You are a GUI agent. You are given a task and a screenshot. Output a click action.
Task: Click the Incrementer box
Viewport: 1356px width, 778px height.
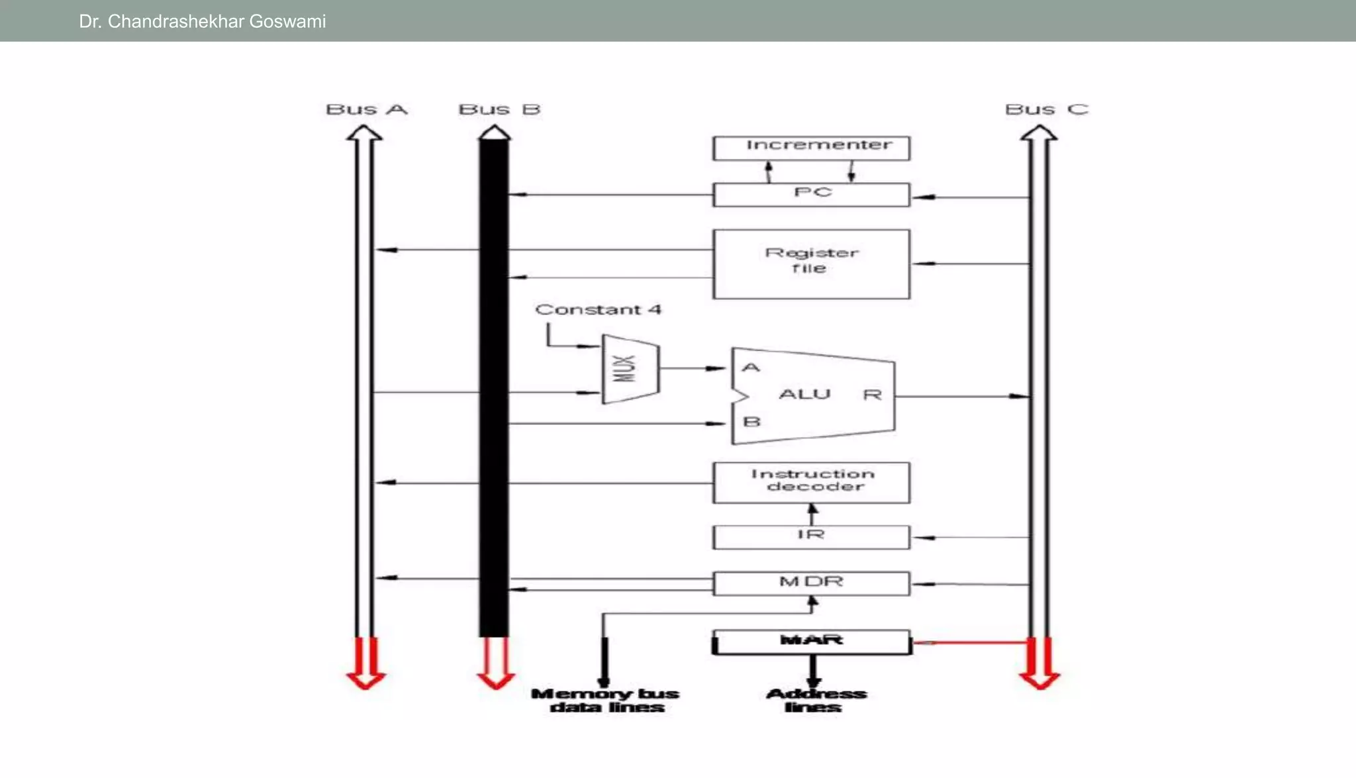coord(811,148)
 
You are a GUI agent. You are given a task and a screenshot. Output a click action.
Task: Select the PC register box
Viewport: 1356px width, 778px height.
coord(811,195)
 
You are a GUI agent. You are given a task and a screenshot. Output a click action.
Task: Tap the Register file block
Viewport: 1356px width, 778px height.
coord(811,264)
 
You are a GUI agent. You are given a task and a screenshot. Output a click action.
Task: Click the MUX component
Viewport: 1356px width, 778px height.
coord(630,369)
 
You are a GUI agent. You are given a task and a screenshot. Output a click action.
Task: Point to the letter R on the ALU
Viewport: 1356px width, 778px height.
coord(872,395)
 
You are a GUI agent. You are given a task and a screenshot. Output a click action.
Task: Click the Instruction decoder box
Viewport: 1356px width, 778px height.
coord(811,482)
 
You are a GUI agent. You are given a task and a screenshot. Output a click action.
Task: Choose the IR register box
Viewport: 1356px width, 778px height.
coord(811,536)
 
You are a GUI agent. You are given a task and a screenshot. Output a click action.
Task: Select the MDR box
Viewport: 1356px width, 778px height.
coord(811,583)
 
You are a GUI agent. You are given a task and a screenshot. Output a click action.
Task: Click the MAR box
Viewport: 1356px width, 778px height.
coord(811,642)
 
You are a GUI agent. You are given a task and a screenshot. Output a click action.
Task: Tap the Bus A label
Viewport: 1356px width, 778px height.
coord(366,109)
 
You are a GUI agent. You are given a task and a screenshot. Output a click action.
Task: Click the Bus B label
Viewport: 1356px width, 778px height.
coord(499,109)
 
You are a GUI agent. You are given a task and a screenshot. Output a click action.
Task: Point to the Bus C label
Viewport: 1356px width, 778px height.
coord(1046,109)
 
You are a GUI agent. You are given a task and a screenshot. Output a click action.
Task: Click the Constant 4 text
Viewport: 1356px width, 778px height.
coord(597,309)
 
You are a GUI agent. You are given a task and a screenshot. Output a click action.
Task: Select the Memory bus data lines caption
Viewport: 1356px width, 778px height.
coord(606,701)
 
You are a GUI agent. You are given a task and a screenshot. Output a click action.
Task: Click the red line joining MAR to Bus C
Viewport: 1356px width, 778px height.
coord(970,642)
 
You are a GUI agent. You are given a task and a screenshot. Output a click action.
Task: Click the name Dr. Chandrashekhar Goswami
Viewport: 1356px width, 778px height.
coord(202,21)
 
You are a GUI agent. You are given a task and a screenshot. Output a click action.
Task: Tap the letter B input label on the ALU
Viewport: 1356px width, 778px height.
coord(751,422)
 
